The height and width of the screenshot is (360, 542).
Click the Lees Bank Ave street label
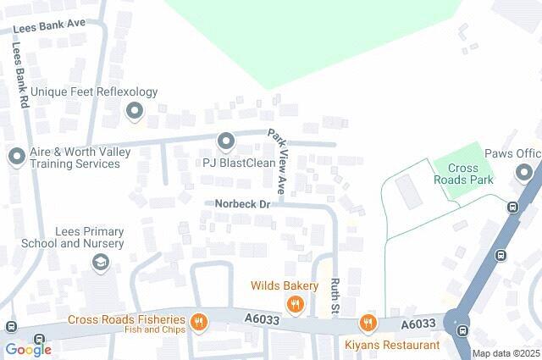click(x=48, y=27)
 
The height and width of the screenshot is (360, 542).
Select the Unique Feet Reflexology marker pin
click(x=134, y=111)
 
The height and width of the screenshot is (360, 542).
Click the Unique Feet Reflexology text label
click(x=94, y=91)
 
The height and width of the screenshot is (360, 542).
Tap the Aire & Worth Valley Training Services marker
click(x=16, y=156)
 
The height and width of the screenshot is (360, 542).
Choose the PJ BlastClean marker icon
click(x=225, y=141)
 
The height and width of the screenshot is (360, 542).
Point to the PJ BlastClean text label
click(x=233, y=162)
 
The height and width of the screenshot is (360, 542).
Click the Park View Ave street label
click(x=278, y=160)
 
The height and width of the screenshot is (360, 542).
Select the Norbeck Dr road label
click(x=241, y=203)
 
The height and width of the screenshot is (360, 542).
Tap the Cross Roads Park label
click(x=470, y=174)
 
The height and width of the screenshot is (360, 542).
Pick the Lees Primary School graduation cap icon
click(x=102, y=263)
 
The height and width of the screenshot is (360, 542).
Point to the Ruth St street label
click(x=335, y=296)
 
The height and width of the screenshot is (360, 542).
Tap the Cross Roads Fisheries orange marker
click(x=199, y=321)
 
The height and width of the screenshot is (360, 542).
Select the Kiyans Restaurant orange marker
click(x=368, y=323)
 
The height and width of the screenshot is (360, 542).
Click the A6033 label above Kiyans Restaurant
click(x=418, y=324)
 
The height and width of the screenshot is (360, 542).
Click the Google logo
click(x=28, y=349)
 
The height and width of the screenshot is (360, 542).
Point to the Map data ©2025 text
click(x=506, y=353)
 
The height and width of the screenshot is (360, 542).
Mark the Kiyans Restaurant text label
click(x=392, y=345)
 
